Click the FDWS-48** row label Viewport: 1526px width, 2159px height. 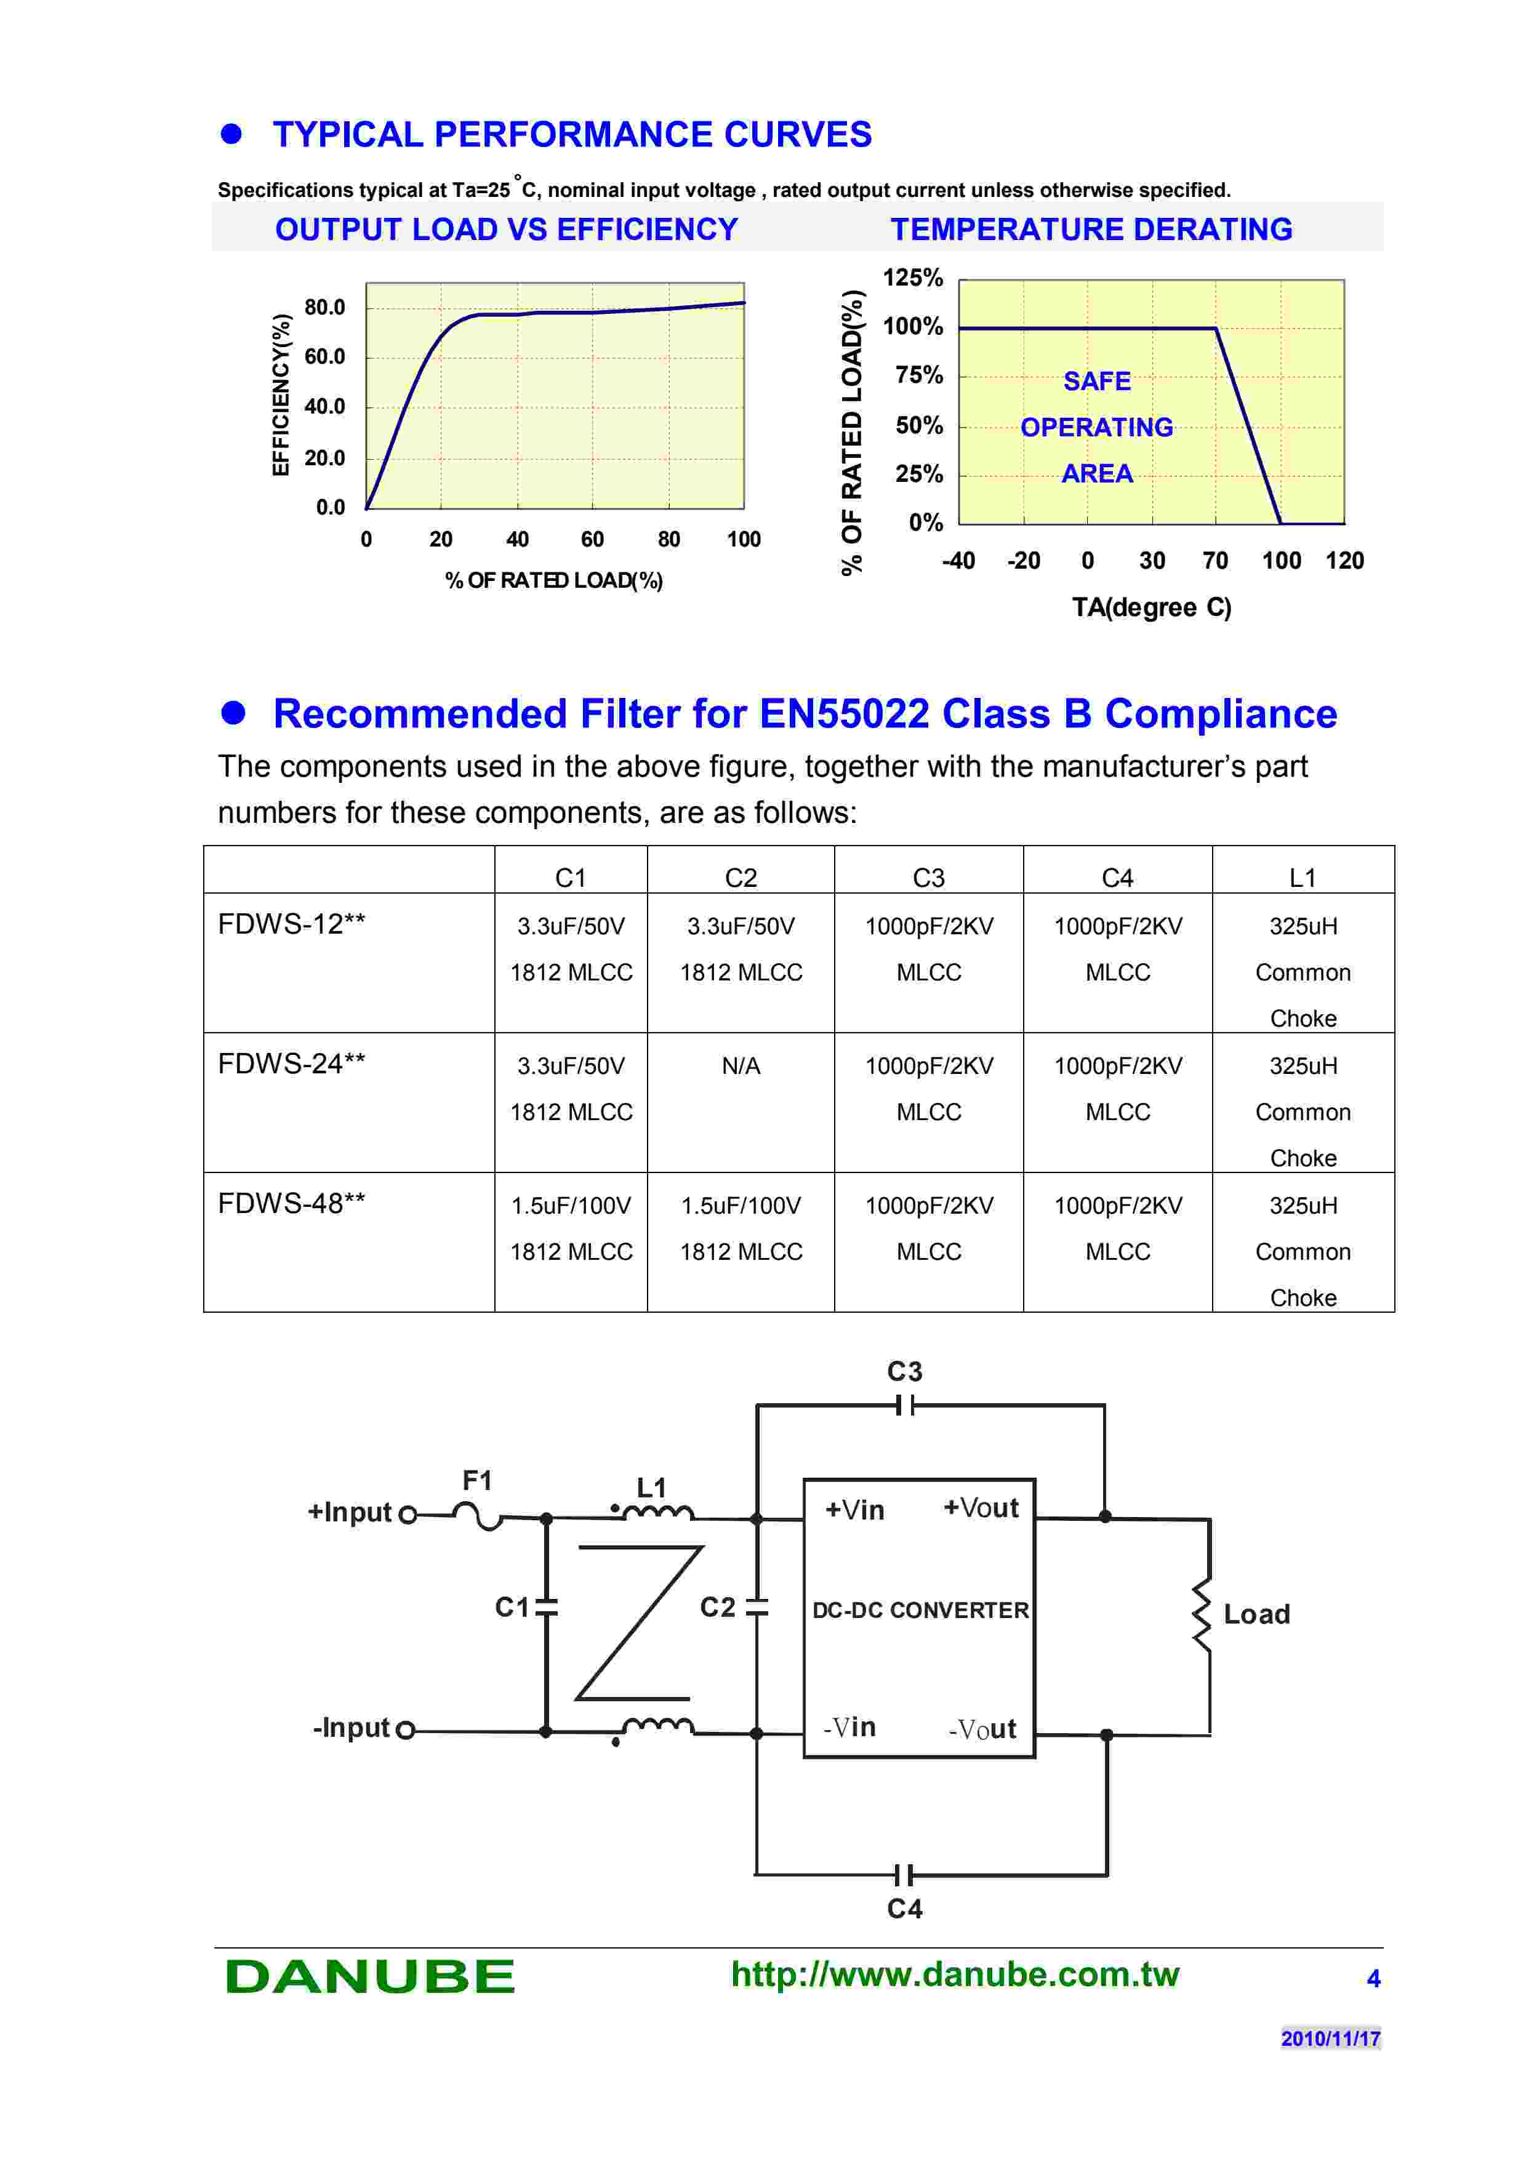click(291, 1204)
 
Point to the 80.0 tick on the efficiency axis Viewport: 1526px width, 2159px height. click(324, 308)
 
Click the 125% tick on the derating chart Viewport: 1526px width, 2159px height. click(912, 278)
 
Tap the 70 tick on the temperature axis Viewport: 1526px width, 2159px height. click(1215, 561)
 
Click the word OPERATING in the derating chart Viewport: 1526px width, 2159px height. click(1096, 427)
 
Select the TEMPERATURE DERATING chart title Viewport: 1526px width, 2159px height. click(1091, 230)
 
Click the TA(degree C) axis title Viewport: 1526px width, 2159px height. click(1151, 607)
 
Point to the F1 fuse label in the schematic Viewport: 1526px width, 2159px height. click(476, 1481)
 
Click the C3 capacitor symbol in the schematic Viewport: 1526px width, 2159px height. click(904, 1406)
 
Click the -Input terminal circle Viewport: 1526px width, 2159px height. click(405, 1730)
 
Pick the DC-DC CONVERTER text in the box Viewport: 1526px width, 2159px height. click(920, 1610)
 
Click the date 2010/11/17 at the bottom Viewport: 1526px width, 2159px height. click(1330, 2038)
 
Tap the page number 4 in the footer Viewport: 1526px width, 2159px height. click(1373, 1979)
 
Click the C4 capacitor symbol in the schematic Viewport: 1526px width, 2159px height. click(904, 1876)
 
